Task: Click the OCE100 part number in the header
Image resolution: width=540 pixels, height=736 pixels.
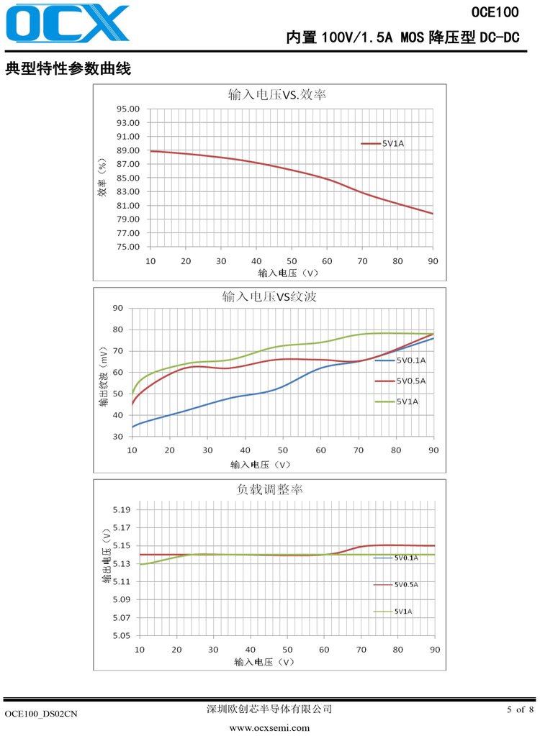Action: tap(495, 12)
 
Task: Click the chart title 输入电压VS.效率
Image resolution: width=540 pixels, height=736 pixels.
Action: tap(272, 94)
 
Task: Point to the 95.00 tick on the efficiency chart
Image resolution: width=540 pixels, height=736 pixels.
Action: tap(129, 109)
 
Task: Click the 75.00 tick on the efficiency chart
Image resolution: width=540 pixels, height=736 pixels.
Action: tap(129, 247)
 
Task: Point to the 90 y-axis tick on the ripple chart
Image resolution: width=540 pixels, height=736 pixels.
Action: tap(118, 309)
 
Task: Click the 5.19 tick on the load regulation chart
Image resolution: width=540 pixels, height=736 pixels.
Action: tap(120, 510)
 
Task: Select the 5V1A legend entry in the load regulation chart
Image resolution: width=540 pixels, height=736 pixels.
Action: tap(403, 612)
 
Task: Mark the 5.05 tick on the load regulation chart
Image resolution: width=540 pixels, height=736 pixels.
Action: tap(120, 636)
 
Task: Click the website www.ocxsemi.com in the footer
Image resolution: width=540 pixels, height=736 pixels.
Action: tap(269, 728)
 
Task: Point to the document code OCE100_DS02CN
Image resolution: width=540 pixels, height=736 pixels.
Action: tap(41, 714)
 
